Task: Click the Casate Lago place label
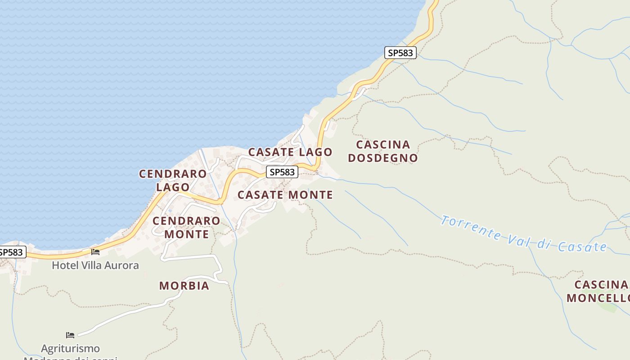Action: coord(290,152)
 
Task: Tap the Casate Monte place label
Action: coord(285,195)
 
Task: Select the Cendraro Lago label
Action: coord(173,180)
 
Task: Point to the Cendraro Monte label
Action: coord(186,227)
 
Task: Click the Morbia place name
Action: coord(184,286)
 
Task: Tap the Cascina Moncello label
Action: coord(598,291)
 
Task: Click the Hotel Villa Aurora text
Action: coord(95,265)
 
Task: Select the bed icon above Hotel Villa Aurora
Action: coord(95,252)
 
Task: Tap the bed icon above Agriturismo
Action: coord(70,335)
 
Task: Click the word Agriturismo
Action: coord(71,348)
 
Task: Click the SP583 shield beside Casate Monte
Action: coord(282,172)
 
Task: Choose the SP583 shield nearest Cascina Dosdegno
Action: coord(400,53)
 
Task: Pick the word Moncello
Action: coord(598,298)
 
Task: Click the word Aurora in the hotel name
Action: coord(122,265)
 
